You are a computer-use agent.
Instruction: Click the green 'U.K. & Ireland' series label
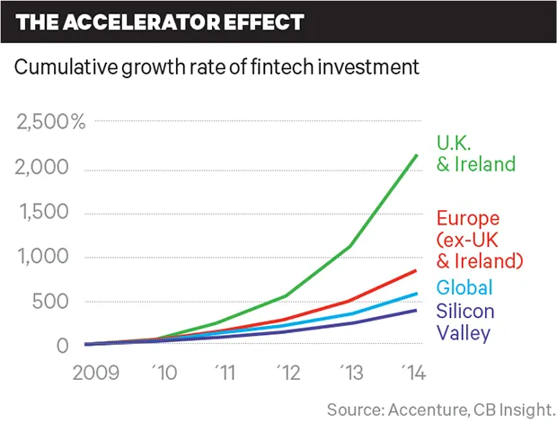point(475,154)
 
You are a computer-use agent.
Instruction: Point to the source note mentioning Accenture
point(441,409)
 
